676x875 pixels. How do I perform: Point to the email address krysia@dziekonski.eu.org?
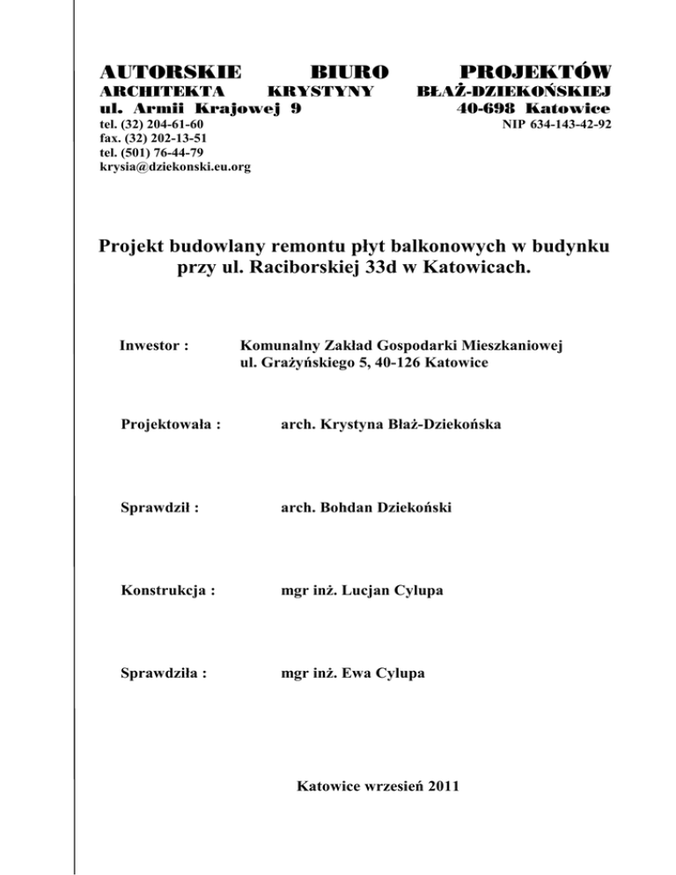[173, 165]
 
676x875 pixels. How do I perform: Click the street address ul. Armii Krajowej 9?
[203, 109]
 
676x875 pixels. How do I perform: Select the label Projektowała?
[170, 424]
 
